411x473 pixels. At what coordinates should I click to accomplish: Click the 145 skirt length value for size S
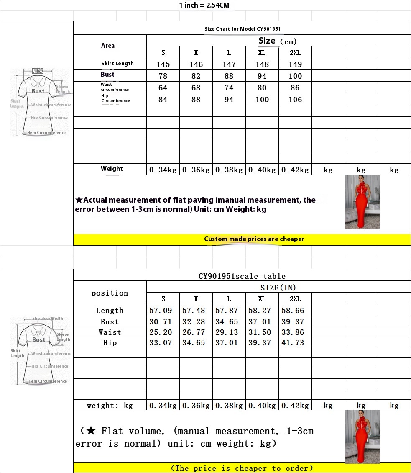click(x=163, y=64)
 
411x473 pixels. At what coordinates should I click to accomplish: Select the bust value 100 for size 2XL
click(x=295, y=76)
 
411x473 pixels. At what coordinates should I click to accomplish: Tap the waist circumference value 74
click(x=229, y=87)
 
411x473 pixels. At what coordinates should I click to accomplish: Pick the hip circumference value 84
click(x=163, y=99)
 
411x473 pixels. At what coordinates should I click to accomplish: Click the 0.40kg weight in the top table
click(x=262, y=170)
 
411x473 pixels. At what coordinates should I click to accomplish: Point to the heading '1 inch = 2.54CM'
click(x=204, y=5)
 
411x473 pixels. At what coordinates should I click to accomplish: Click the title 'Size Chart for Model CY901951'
click(x=242, y=29)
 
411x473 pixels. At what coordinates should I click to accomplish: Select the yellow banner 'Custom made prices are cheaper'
click(x=254, y=239)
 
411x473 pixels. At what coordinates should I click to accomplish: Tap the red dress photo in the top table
click(x=362, y=202)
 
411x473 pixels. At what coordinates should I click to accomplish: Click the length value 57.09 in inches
click(x=163, y=311)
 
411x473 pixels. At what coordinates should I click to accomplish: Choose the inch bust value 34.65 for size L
click(x=229, y=321)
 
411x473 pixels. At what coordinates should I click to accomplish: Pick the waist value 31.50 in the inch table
click(x=262, y=332)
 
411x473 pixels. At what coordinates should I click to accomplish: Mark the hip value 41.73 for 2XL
click(x=295, y=342)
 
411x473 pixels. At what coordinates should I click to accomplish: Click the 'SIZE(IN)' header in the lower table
click(x=278, y=288)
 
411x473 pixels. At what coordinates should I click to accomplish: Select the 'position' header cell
click(x=110, y=293)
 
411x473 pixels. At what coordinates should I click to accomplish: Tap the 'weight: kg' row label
click(x=110, y=405)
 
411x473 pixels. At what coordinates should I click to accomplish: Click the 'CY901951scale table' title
click(x=242, y=276)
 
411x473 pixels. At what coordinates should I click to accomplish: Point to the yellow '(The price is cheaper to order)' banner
click(x=242, y=468)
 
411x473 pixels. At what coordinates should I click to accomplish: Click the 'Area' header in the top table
click(x=108, y=46)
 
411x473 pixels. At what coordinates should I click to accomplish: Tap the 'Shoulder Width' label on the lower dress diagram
click(x=48, y=319)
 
